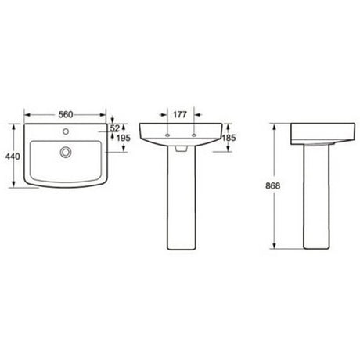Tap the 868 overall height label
(272, 186)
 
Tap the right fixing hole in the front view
(193, 136)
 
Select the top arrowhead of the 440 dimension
(17, 124)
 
